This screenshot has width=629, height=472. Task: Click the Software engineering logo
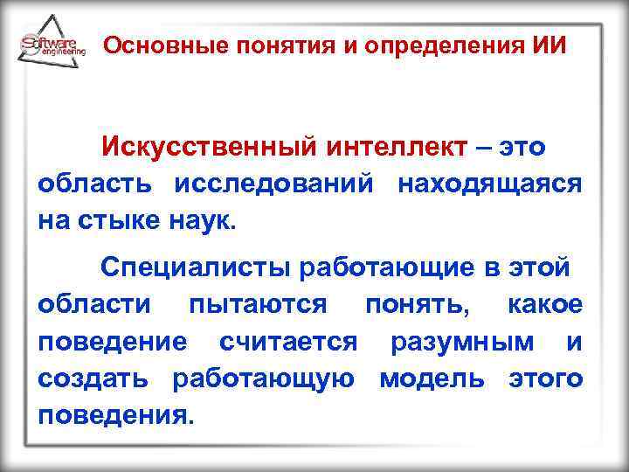point(52,45)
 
